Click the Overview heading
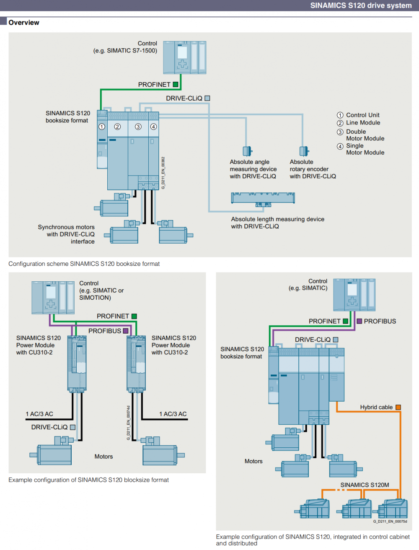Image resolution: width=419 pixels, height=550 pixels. click(24, 23)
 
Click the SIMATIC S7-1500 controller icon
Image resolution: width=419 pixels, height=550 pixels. click(184, 57)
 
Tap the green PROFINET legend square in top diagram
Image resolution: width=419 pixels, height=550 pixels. click(176, 84)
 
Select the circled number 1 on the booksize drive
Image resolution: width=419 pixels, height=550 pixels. click(102, 127)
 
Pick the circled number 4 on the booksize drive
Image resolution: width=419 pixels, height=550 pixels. click(154, 127)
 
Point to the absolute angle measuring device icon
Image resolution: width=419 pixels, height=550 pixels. click(247, 151)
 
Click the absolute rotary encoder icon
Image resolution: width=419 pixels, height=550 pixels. click(304, 151)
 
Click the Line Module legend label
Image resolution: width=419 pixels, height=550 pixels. click(363, 123)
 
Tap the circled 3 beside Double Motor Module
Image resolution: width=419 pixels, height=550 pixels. click(340, 132)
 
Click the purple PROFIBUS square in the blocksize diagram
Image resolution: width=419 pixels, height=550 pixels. click(126, 331)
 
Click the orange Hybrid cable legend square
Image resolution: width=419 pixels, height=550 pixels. click(398, 407)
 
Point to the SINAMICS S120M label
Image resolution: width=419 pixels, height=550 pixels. click(365, 485)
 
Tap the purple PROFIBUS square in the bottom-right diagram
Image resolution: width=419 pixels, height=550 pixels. click(359, 321)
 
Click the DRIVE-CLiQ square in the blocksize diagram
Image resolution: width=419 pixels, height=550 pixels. click(72, 427)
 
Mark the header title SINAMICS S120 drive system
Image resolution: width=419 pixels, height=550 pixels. click(361, 5)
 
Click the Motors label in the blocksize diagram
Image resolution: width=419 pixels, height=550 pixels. click(103, 457)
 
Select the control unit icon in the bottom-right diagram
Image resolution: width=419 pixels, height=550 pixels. click(354, 295)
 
